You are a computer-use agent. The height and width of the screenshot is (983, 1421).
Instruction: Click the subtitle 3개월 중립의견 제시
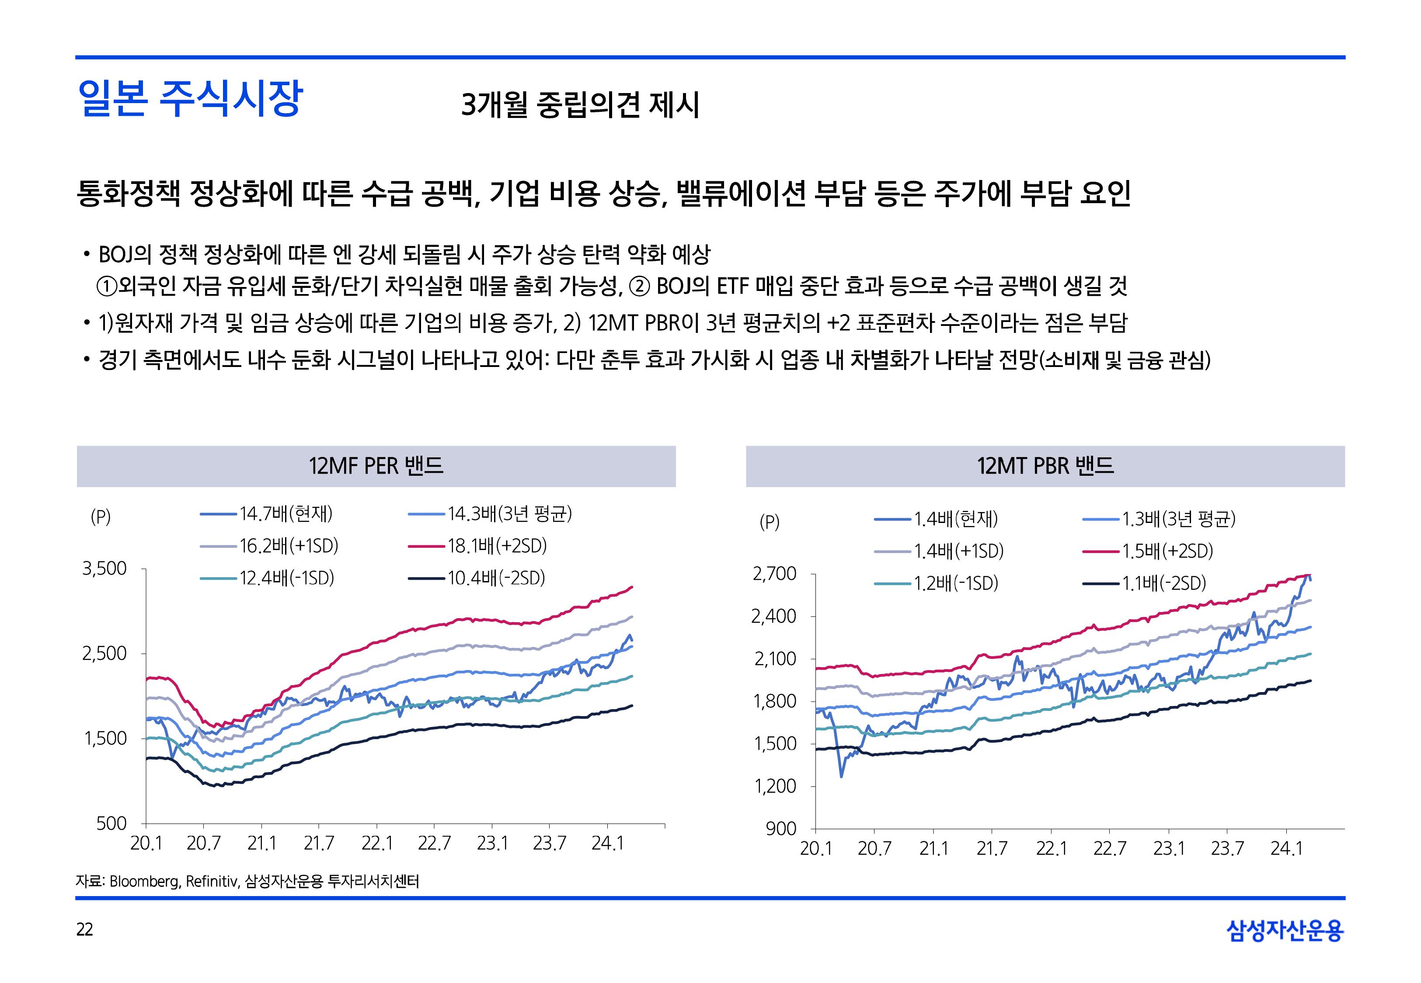click(580, 105)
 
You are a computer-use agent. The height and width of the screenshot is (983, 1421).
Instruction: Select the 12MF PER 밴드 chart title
click(376, 466)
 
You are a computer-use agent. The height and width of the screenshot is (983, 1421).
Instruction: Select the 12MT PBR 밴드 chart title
click(1045, 466)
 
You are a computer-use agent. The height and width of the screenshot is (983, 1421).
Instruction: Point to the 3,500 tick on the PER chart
click(105, 568)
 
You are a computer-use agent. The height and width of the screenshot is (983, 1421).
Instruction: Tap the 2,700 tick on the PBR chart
click(775, 574)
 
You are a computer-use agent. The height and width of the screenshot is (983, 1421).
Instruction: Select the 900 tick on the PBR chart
click(781, 829)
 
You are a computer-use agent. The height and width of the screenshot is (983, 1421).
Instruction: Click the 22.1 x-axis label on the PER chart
click(376, 843)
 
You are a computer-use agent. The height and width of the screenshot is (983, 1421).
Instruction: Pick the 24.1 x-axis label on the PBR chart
click(1286, 849)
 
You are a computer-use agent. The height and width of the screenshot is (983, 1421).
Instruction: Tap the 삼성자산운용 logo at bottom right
click(1285, 931)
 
